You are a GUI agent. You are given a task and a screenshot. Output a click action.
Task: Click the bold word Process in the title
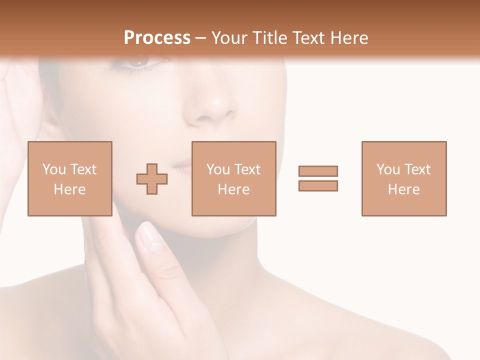(x=157, y=38)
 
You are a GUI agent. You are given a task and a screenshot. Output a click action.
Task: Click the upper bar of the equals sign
(x=318, y=171)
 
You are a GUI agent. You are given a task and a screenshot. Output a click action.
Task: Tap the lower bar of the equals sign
(x=318, y=185)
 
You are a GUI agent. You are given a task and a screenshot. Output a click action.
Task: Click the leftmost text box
(x=70, y=178)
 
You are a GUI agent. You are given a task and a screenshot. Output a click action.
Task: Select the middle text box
(x=234, y=178)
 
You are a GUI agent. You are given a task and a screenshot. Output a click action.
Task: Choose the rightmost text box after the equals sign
(x=404, y=178)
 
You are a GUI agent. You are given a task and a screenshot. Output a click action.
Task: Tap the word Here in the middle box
(x=234, y=189)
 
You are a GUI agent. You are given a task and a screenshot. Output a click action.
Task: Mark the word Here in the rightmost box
(x=404, y=189)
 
